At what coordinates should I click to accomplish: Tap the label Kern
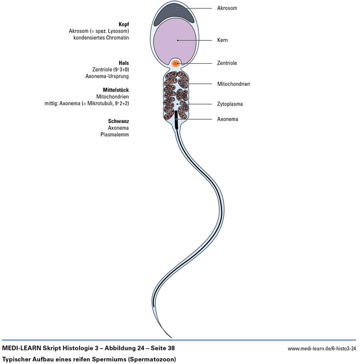(222, 40)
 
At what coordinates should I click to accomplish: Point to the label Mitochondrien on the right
(234, 84)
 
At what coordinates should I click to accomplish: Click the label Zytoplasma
(230, 104)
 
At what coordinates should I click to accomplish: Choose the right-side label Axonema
(228, 119)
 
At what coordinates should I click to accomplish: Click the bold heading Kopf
(123, 24)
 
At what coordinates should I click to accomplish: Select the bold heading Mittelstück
(116, 89)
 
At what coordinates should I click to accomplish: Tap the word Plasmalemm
(115, 134)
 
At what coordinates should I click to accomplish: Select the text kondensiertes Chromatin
(101, 38)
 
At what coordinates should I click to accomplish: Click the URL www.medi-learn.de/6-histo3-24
(321, 348)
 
